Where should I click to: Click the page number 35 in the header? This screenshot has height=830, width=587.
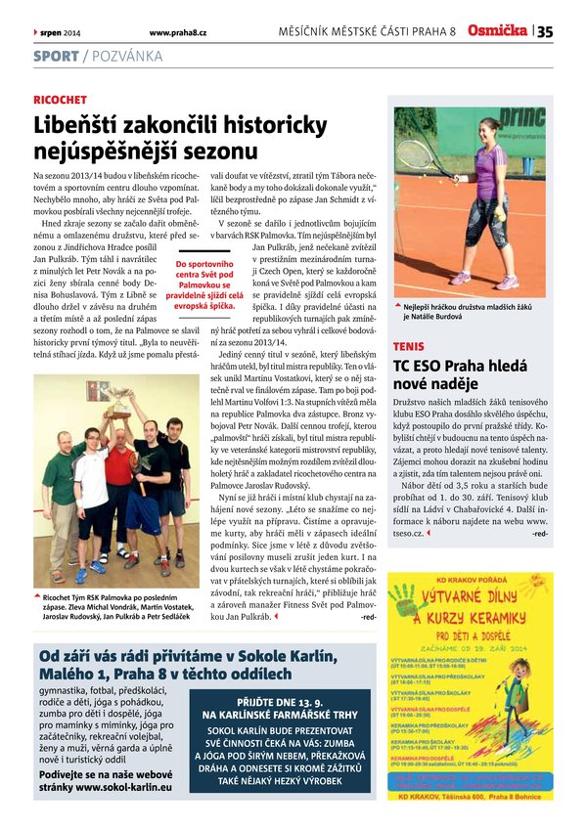click(x=545, y=31)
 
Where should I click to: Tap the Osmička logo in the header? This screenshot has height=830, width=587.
click(x=497, y=30)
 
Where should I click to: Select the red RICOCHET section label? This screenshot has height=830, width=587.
click(x=60, y=100)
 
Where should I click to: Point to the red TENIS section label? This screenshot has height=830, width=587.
click(x=408, y=346)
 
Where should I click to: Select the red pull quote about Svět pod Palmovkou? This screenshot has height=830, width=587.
click(x=204, y=284)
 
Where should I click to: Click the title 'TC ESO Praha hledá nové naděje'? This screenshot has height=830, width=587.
click(x=458, y=374)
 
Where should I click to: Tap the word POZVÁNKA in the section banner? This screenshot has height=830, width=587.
click(x=127, y=57)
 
